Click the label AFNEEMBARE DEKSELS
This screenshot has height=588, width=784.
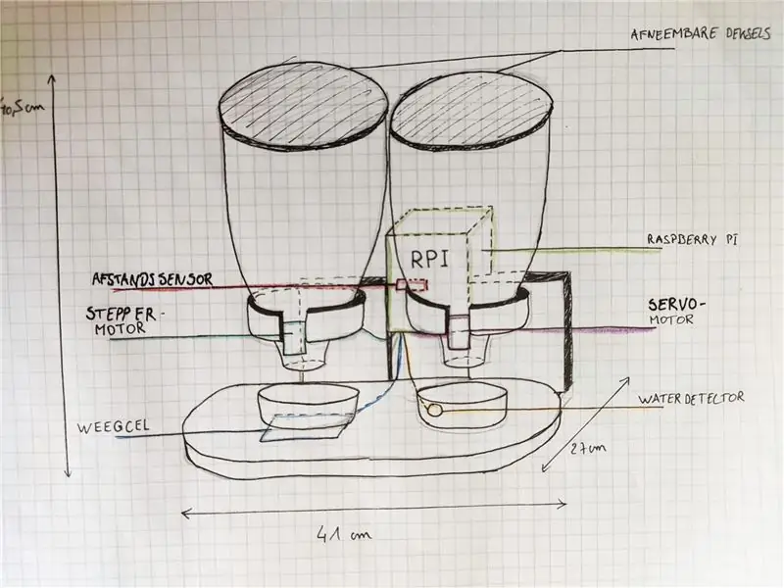[701, 34]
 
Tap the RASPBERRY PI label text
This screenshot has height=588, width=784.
[693, 239]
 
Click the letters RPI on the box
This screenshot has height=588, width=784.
[429, 259]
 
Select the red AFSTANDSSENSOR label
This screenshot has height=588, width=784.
[153, 279]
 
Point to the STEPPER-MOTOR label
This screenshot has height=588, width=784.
[121, 321]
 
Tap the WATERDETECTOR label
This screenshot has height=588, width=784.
[691, 399]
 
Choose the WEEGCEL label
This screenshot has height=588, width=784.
[113, 426]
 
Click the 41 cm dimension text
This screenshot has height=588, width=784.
[344, 534]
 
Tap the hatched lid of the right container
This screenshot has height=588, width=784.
[471, 110]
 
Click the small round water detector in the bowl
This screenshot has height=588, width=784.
[435, 411]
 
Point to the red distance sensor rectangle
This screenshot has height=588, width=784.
[412, 285]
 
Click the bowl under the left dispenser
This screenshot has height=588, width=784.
[309, 403]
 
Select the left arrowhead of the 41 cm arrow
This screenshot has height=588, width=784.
[186, 513]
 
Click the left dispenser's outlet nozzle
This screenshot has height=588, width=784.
[306, 357]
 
